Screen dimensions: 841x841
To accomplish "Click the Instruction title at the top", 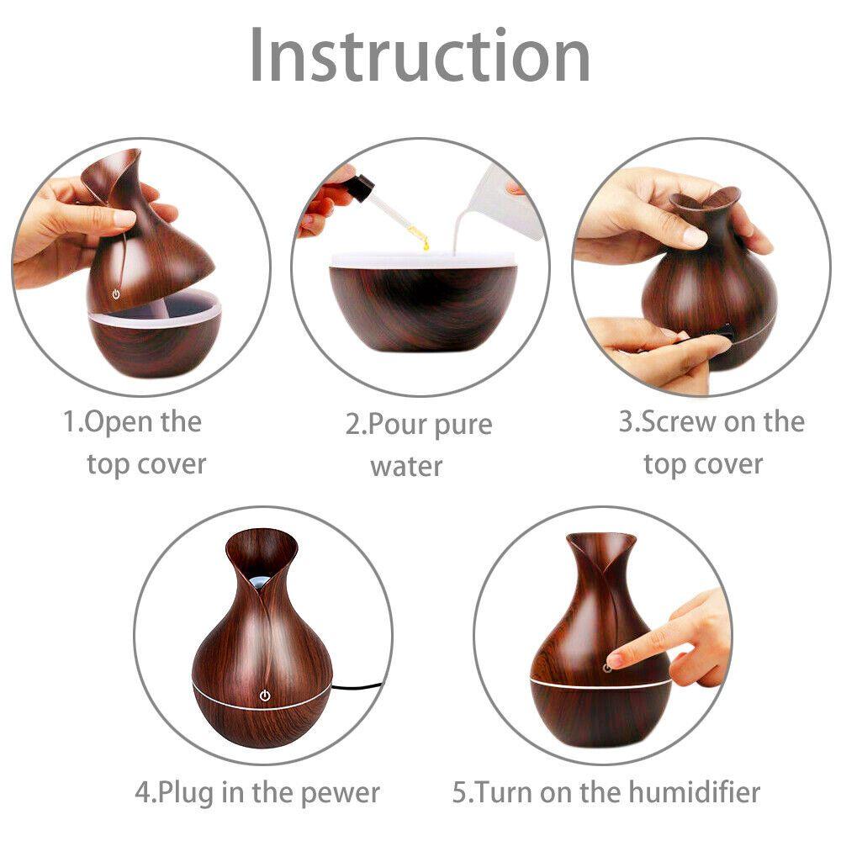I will (420, 56).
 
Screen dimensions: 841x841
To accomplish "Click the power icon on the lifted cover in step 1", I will (116, 295).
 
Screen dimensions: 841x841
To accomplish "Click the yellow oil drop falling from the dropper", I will (426, 243).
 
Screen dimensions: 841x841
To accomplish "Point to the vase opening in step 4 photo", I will (261, 559).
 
